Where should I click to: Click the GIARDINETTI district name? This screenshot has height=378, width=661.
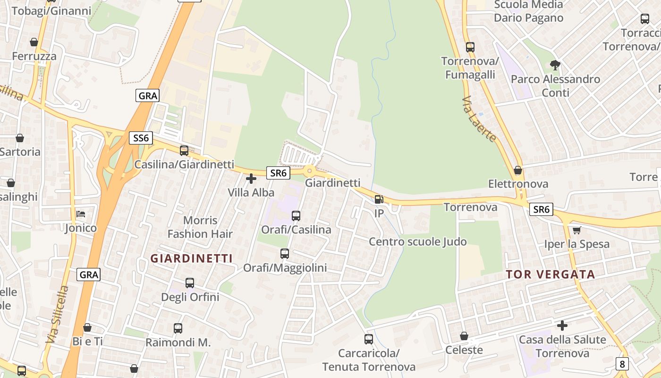[191, 258]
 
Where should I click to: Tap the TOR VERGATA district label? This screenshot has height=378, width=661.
[551, 275]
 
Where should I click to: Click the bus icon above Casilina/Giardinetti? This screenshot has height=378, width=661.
[184, 151]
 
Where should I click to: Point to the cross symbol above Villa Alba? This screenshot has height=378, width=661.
[251, 179]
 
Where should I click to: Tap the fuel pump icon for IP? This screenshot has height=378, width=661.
[379, 199]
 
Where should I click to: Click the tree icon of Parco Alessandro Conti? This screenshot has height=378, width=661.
[555, 65]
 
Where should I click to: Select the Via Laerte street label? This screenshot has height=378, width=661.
[480, 119]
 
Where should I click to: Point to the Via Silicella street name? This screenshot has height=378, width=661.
[58, 314]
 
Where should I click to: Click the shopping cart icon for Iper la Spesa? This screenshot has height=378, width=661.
[576, 231]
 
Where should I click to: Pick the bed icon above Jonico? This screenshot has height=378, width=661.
[81, 214]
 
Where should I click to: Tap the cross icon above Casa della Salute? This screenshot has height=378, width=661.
[562, 326]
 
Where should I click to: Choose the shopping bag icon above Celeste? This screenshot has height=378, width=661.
[464, 336]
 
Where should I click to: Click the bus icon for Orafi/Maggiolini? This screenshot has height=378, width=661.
[285, 254]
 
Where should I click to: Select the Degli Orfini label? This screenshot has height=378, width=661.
[190, 297]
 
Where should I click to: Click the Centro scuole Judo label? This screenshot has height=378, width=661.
[417, 242]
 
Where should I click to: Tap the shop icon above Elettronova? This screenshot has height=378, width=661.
[518, 170]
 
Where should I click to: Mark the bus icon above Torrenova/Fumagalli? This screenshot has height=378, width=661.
[470, 47]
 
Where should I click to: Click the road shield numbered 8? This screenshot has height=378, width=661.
[622, 364]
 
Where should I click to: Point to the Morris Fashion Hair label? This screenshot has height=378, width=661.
[200, 227]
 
